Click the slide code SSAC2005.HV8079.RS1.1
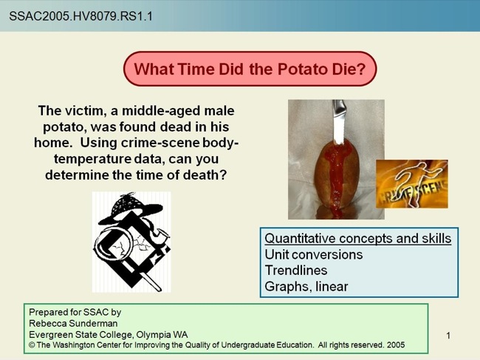click(80, 15)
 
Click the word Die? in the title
click(344, 69)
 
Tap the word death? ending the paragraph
click(202, 175)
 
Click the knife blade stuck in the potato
click(339, 122)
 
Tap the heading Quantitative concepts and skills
click(358, 239)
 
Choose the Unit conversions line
click(314, 254)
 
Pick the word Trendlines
click(296, 271)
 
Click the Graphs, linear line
click(306, 287)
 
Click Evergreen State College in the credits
click(74, 334)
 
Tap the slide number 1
click(448, 337)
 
